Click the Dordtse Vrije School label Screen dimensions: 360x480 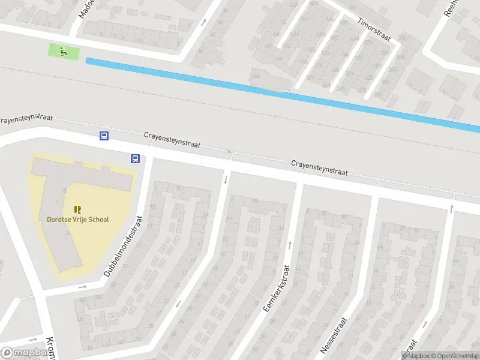coord(78,220)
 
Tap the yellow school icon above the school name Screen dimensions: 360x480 coord(77,209)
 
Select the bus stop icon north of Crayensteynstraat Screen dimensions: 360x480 coord(104,136)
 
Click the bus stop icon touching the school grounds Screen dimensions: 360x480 coord(135,159)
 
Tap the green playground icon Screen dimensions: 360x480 coord(63,52)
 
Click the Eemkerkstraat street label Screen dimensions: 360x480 coord(277,288)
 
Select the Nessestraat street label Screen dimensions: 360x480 coord(334,335)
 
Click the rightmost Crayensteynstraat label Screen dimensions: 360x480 coord(319,167)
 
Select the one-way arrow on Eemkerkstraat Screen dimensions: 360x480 coord(290,245)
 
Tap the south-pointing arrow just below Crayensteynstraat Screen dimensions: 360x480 coord(226,179)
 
